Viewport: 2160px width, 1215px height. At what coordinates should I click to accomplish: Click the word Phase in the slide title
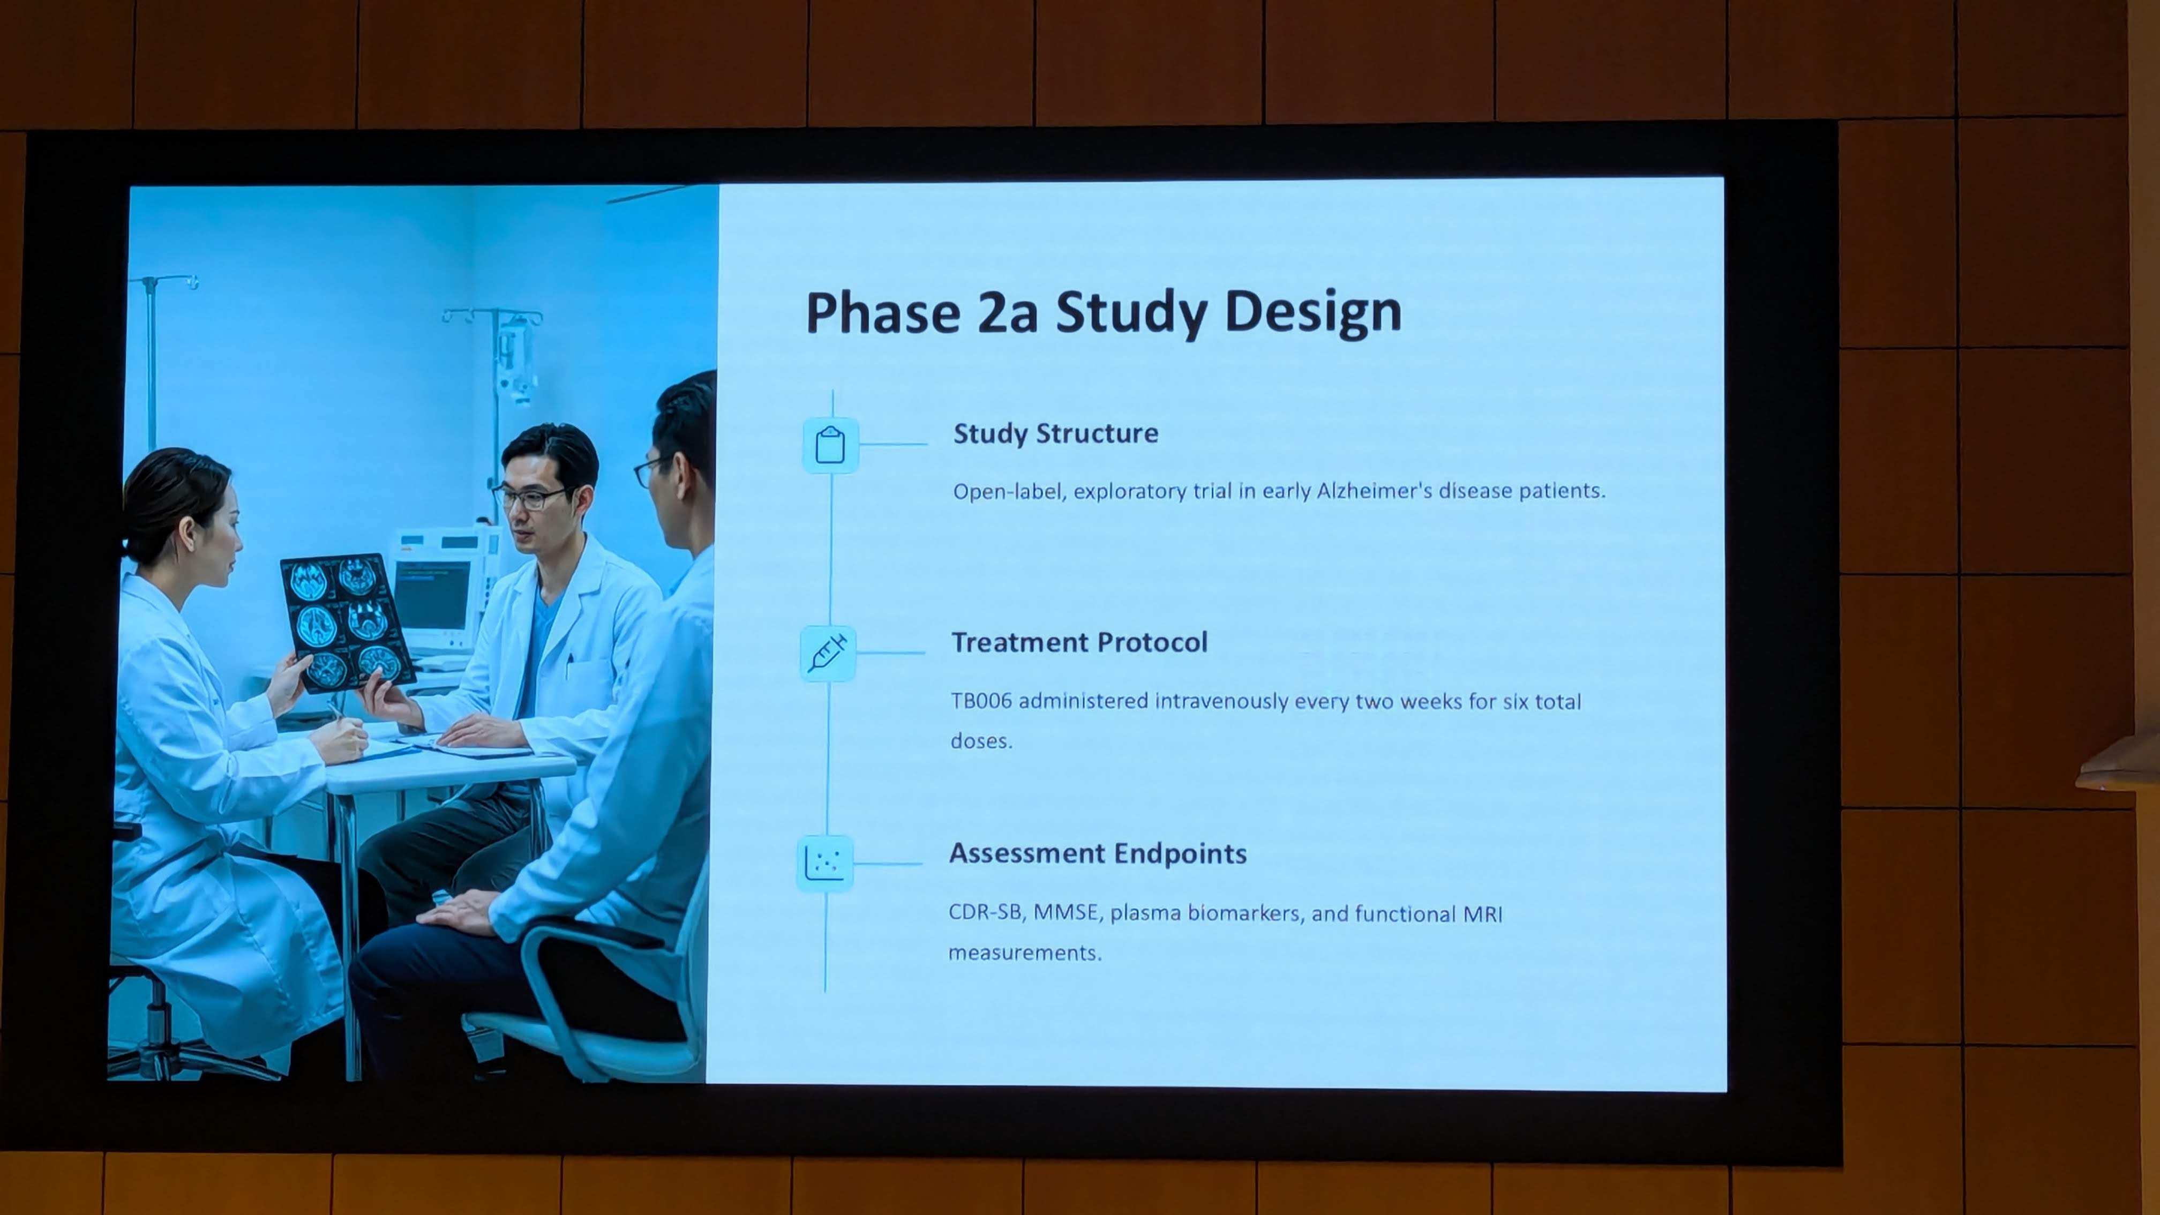click(883, 313)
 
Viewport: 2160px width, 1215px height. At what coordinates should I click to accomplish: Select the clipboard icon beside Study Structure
click(830, 445)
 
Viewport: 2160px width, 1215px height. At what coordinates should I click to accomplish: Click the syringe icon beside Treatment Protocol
click(828, 653)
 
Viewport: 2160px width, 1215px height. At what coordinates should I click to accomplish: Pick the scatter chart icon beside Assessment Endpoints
click(824, 863)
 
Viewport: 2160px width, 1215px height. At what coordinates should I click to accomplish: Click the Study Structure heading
click(1056, 433)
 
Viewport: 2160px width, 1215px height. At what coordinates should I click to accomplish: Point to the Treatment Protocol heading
click(1079, 642)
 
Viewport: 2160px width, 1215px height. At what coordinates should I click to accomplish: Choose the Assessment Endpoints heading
click(1098, 853)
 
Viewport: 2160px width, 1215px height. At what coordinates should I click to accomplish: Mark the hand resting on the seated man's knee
click(460, 911)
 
